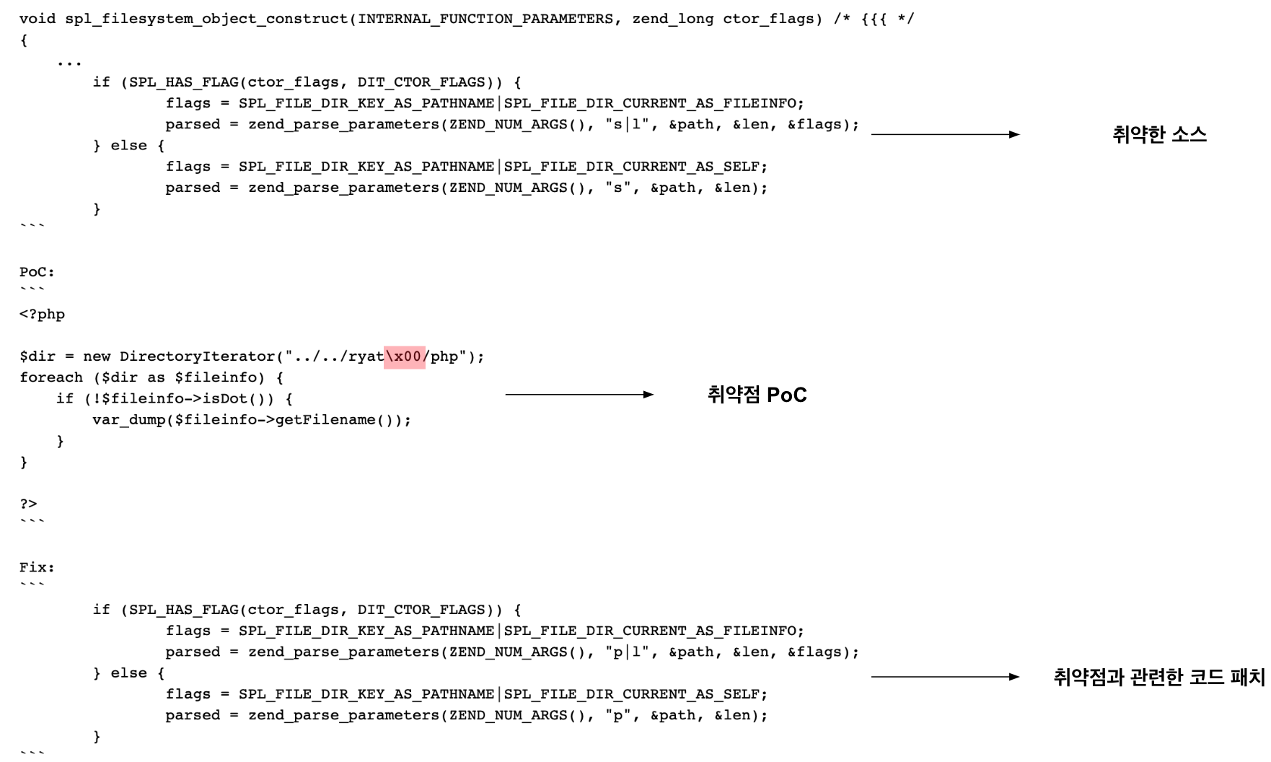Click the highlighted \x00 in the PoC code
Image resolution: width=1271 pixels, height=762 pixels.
pos(404,356)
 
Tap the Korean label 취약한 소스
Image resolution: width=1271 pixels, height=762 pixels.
pos(1159,135)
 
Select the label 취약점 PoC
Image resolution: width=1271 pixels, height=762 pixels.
pos(757,395)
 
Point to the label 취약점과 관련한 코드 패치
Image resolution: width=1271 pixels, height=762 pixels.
pos(1158,678)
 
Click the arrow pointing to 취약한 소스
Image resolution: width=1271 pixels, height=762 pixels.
pos(945,135)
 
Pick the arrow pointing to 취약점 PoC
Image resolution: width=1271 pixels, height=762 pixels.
pos(579,395)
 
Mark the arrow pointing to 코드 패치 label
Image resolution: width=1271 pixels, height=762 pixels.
pos(945,677)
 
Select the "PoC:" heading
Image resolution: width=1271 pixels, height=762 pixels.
pos(37,272)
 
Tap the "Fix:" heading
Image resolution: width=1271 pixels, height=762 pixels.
pos(37,567)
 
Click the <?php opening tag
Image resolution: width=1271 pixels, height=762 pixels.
pos(42,315)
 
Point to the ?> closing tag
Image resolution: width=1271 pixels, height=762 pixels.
pos(28,504)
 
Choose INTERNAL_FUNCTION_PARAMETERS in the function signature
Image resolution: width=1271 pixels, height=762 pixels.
pos(485,19)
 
